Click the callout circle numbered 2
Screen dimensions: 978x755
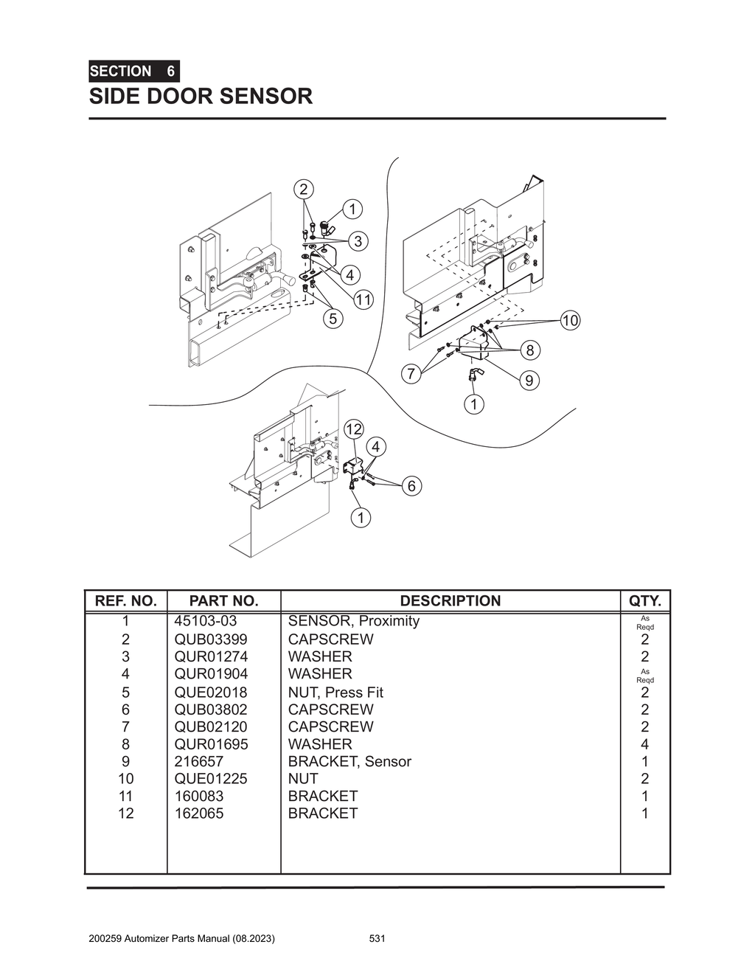click(303, 189)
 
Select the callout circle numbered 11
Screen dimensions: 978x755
click(363, 299)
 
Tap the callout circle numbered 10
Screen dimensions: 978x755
click(570, 320)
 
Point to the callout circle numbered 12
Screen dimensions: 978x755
click(354, 429)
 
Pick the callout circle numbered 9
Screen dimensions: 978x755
click(529, 381)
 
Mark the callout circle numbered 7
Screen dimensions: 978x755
click(411, 373)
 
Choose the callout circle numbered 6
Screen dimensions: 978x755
click(411, 485)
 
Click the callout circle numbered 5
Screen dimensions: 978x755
click(333, 319)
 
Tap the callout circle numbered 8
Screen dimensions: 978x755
click(529, 350)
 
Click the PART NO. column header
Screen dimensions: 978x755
click(223, 601)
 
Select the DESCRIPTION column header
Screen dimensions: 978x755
click(450, 601)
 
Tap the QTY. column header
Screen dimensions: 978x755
click(644, 601)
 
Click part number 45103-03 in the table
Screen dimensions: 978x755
click(206, 621)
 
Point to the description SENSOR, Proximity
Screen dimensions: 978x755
click(353, 621)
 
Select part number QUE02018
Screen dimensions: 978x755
click(211, 692)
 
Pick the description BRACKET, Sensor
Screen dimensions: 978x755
click(349, 761)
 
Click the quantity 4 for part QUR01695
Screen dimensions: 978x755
click(644, 744)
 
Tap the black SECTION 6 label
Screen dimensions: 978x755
click(133, 72)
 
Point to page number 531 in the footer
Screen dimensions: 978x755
click(377, 939)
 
